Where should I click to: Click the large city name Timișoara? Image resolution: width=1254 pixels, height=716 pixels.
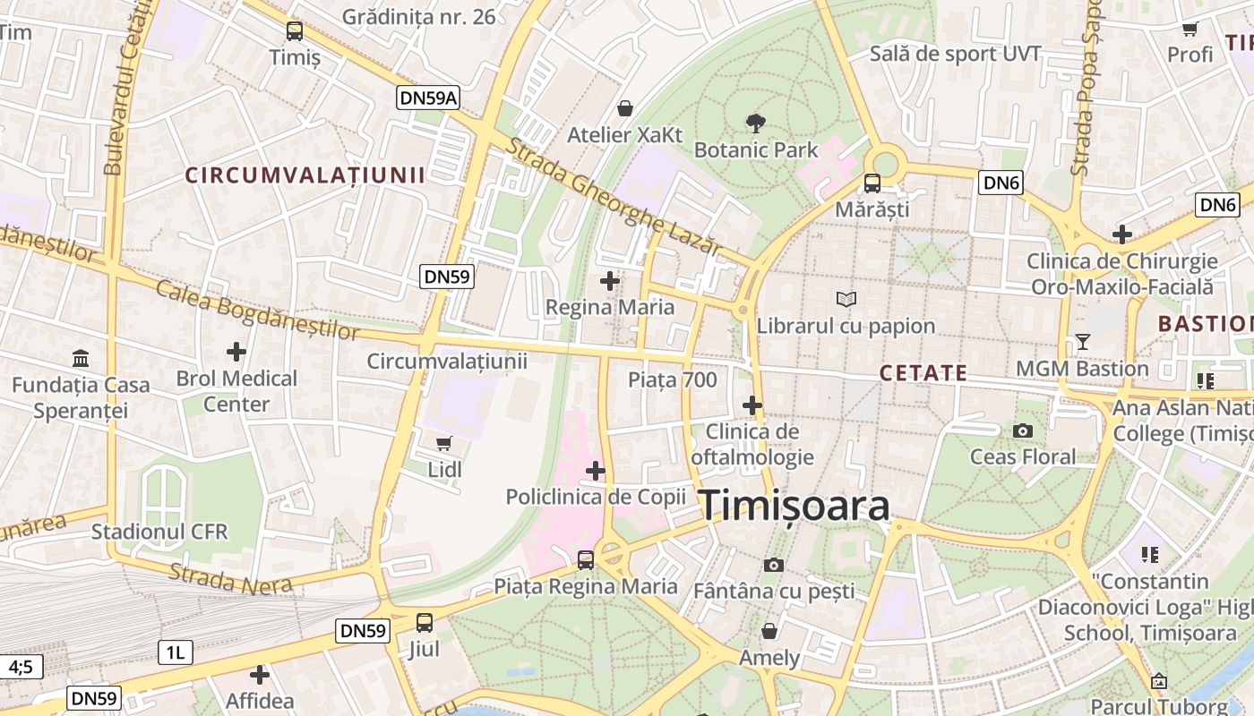tap(794, 506)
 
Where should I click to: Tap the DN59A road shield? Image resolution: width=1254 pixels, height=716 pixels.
tap(428, 98)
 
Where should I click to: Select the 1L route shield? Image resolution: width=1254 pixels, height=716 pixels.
tap(175, 652)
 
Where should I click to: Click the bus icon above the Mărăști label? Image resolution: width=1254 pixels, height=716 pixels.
tap(872, 183)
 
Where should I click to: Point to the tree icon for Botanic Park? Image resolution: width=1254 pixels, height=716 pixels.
tap(756, 123)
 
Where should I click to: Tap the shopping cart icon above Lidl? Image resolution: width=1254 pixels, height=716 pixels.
tap(443, 443)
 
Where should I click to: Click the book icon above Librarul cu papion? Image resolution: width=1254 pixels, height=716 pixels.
tap(846, 299)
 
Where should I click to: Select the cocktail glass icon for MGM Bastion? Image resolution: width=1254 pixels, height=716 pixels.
tap(1082, 342)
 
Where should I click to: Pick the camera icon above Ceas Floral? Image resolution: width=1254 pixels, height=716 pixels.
tap(1022, 430)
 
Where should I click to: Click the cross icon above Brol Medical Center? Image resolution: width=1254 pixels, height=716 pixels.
tap(236, 352)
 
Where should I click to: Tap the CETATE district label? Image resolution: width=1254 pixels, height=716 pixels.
tap(923, 373)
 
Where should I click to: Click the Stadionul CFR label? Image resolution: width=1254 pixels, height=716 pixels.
tap(159, 532)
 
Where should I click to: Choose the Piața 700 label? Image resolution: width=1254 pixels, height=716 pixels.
tap(672, 379)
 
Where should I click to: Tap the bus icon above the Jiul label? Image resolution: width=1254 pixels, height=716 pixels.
tap(424, 622)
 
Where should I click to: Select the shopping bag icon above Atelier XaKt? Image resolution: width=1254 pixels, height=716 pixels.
tap(624, 108)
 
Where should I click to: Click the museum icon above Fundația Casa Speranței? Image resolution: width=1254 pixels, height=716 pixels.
tap(81, 359)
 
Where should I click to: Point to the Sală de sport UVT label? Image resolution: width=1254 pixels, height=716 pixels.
tap(956, 54)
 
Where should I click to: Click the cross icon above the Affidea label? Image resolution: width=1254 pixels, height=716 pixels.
tap(260, 674)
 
